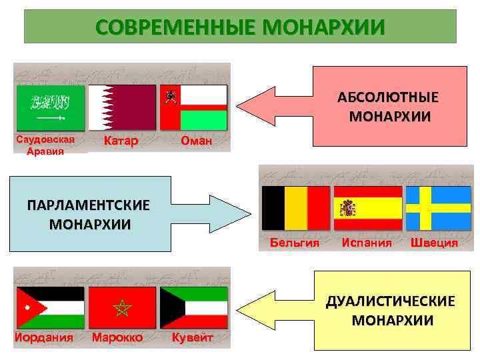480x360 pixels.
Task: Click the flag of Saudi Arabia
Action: pyautogui.click(x=50, y=107)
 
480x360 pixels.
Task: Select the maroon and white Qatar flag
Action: pyautogui.click(x=122, y=107)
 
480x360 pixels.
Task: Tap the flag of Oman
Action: pyautogui.click(x=194, y=107)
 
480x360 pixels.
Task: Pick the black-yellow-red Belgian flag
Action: pyautogui.click(x=296, y=207)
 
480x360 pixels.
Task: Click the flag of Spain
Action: pyautogui.click(x=367, y=207)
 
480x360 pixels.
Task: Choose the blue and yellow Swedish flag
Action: pyautogui.click(x=439, y=207)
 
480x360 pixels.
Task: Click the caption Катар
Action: pyautogui.click(x=122, y=141)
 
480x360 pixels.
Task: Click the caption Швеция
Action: pyautogui.click(x=434, y=242)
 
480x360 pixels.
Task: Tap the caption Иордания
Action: pyautogui.click(x=44, y=337)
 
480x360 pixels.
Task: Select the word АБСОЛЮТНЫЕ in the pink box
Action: pyautogui.click(x=388, y=97)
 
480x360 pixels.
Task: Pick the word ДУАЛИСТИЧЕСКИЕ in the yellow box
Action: pyautogui.click(x=391, y=301)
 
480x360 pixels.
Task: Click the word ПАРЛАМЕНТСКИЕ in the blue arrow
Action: pyautogui.click(x=89, y=204)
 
